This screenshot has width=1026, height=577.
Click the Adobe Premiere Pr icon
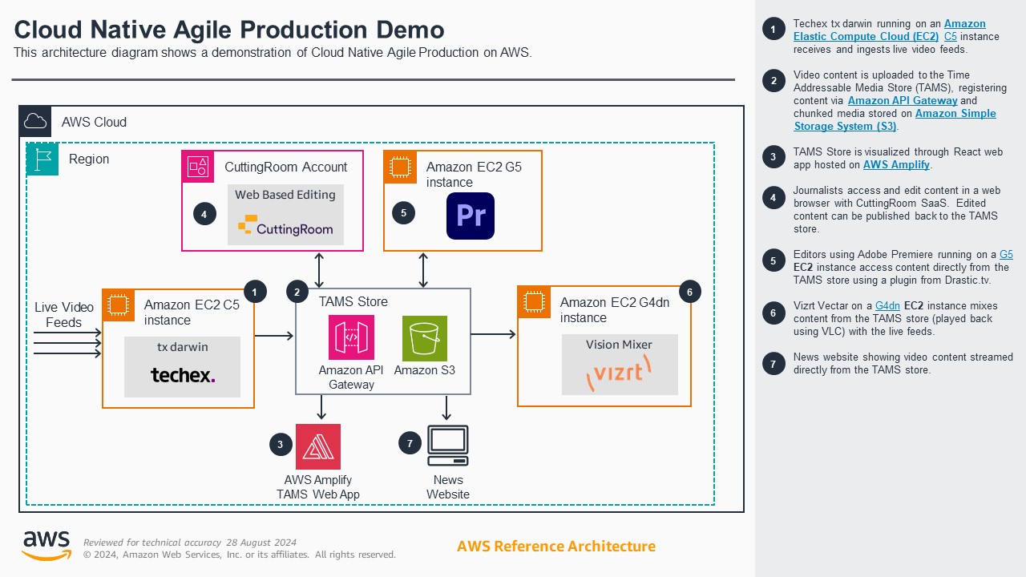471,216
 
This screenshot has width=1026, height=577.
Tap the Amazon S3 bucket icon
425,338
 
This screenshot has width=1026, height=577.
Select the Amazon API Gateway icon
351,338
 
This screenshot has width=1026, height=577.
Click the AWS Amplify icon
318,446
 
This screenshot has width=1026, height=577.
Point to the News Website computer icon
447,446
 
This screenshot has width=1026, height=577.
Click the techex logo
183,374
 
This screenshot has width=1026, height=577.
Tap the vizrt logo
619,373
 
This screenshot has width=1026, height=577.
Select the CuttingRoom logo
285,228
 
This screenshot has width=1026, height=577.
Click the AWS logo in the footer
46,546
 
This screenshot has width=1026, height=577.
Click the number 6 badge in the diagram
689,293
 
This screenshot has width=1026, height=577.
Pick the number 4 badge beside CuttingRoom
204,214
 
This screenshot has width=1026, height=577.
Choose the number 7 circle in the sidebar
773,364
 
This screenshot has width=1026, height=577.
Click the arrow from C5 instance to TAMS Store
274,336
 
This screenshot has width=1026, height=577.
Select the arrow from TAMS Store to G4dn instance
493,334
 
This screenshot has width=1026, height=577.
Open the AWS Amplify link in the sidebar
896,165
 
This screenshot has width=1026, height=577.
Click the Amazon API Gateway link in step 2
903,101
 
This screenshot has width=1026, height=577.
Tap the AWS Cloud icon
35,122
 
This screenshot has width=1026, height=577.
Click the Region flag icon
42,159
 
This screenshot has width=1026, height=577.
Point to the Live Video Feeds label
63,315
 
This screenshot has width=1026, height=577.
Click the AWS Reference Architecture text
555,547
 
